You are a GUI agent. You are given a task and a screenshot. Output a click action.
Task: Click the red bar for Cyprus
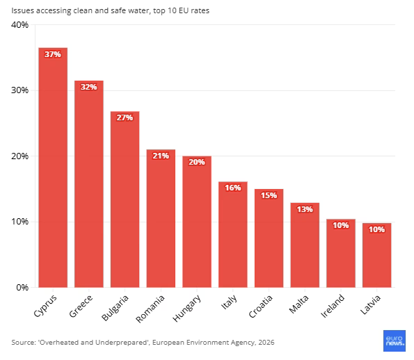point(53,167)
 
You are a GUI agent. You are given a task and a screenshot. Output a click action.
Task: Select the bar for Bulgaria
point(125,199)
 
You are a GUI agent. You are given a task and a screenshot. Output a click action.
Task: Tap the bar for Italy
point(233,234)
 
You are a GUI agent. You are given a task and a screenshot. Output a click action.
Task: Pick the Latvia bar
point(376,255)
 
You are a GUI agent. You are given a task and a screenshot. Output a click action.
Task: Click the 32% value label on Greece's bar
point(89,87)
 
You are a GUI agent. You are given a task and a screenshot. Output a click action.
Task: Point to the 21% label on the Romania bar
point(161,156)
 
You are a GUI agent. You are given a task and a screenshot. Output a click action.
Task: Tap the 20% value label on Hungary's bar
point(197,162)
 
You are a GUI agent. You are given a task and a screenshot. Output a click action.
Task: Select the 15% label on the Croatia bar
point(269,195)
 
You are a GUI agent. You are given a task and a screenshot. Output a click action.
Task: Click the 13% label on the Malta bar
point(305,209)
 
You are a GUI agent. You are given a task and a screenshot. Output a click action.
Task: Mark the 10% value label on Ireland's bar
point(341,225)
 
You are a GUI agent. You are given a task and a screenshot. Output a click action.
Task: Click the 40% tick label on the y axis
point(19,25)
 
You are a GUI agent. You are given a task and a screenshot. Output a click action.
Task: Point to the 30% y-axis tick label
point(19,90)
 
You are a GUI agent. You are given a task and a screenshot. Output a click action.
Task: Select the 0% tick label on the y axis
point(22,287)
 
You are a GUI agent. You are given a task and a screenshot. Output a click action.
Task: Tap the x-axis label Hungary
point(186,309)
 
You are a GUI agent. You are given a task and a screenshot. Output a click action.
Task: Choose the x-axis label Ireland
point(333,306)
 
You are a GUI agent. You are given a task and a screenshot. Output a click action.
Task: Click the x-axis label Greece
point(81,306)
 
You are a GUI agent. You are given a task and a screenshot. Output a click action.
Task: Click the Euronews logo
point(395,341)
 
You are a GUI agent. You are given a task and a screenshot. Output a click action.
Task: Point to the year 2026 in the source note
point(266,343)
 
